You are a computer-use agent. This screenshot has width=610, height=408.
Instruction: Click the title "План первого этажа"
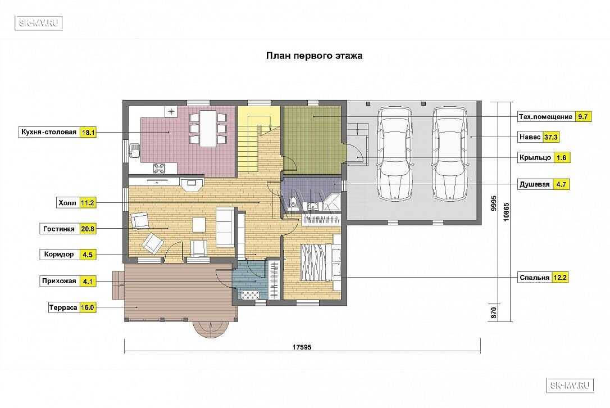[x=314, y=56]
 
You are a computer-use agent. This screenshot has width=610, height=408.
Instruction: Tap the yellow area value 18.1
[x=88, y=133]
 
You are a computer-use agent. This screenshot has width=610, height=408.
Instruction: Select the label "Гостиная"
[x=59, y=229]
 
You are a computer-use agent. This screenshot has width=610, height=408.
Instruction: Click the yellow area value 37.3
[x=550, y=137]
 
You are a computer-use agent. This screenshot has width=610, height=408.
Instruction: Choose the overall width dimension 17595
[x=302, y=347]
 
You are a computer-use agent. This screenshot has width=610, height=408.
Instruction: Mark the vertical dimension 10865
[x=506, y=212]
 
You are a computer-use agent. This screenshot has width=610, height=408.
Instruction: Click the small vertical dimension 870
[x=494, y=313]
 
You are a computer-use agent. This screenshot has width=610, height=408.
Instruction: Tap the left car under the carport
[x=394, y=154]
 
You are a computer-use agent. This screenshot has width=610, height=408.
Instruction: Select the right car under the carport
[x=449, y=154]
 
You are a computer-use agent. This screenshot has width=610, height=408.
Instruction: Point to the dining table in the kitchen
[x=208, y=129]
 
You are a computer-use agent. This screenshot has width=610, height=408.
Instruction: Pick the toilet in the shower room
[x=294, y=203]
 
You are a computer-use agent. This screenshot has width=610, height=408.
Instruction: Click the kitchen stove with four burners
[x=159, y=168]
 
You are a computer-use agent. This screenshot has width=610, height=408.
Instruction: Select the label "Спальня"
[x=535, y=278]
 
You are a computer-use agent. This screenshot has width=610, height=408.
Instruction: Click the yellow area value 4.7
[x=561, y=184]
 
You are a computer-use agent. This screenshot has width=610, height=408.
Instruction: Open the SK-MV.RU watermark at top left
[x=39, y=23]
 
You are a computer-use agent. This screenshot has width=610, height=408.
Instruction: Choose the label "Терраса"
[x=63, y=307]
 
